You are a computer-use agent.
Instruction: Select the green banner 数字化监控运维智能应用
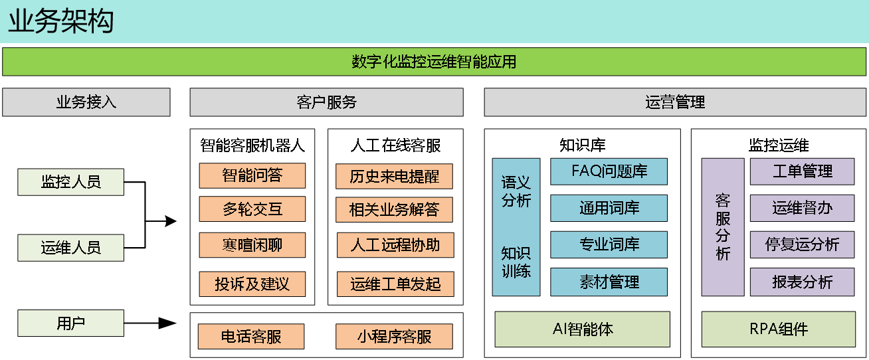[x=434, y=62]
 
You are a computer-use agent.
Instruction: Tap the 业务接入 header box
[x=86, y=102]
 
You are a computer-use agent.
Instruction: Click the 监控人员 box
[x=70, y=182]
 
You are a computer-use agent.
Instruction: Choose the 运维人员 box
[x=70, y=248]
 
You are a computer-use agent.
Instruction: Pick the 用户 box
[x=70, y=323]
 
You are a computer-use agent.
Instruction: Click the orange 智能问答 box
[x=252, y=175]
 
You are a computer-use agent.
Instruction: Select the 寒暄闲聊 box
[x=252, y=245]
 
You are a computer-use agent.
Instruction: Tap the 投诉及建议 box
[x=252, y=284]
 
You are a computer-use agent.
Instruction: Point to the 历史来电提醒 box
[x=394, y=176]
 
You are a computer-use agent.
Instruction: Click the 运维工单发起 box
[x=395, y=284]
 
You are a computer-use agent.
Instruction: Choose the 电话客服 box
[x=251, y=337]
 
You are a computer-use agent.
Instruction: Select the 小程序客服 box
[x=394, y=337]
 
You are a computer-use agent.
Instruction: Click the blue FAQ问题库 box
[x=609, y=171]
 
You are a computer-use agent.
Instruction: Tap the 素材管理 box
[x=609, y=282]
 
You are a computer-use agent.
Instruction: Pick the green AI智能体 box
[x=582, y=329]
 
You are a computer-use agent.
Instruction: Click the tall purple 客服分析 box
[x=723, y=226]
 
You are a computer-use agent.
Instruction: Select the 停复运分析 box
[x=802, y=244]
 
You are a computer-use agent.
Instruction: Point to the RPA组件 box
[x=778, y=329]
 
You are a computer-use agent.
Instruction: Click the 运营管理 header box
[x=674, y=102]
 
